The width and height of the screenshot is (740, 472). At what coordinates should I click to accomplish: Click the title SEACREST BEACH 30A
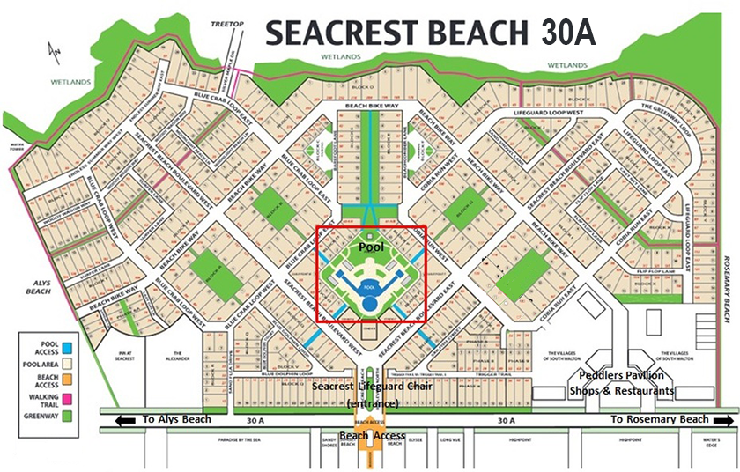(432, 32)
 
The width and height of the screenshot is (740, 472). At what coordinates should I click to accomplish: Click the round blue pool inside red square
(370, 303)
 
